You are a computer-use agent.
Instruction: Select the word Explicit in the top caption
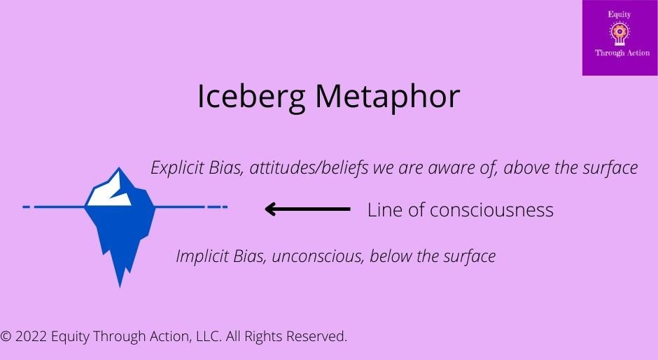click(x=176, y=168)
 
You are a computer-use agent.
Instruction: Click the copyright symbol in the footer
click(x=6, y=337)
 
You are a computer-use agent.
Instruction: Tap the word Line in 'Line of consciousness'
click(x=383, y=210)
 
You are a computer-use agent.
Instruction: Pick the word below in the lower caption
click(x=389, y=256)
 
